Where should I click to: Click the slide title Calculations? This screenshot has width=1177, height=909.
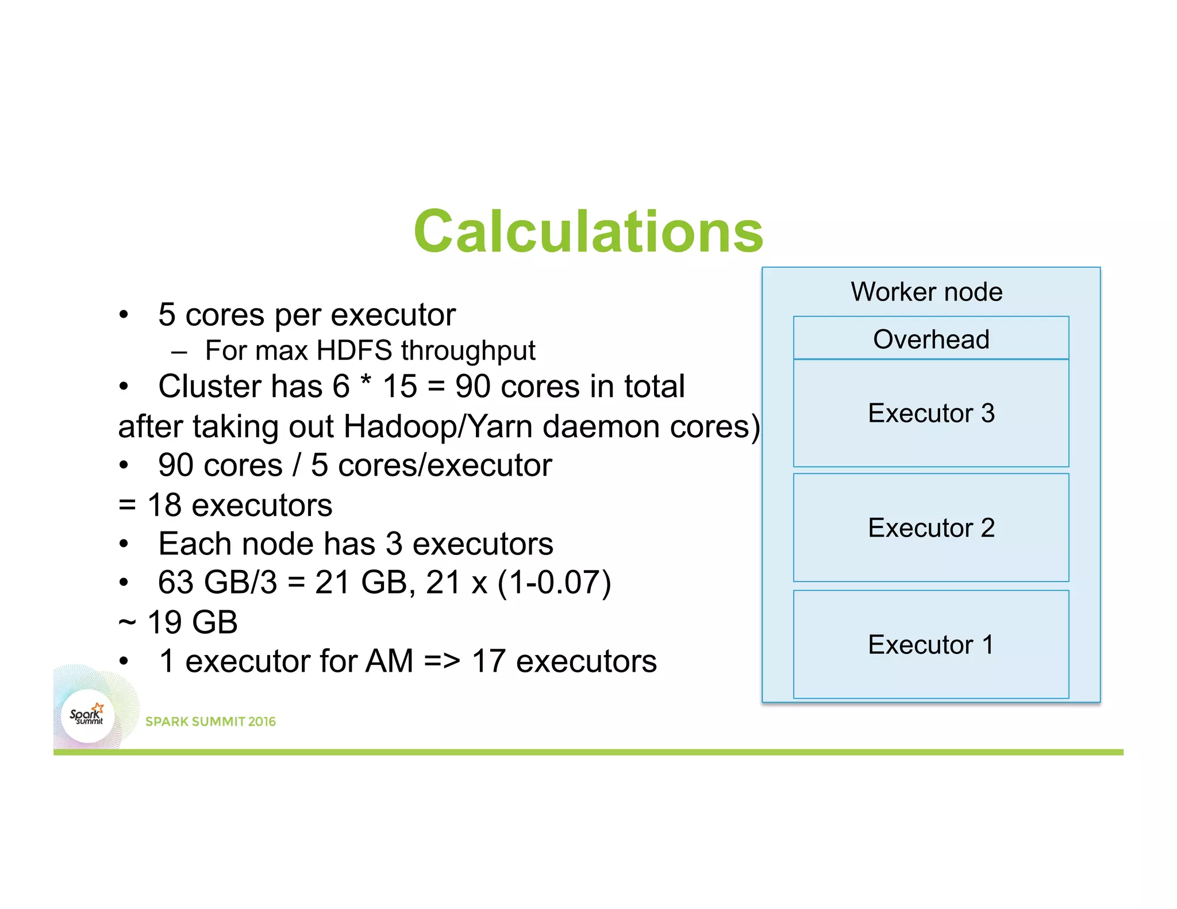588,231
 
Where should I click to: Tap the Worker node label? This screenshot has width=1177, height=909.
926,292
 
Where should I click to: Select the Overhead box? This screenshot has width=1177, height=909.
930,338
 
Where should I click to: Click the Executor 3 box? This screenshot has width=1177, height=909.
930,413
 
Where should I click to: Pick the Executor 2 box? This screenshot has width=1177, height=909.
930,527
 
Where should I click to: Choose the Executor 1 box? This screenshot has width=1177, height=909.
930,644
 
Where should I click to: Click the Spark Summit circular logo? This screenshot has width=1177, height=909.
87,716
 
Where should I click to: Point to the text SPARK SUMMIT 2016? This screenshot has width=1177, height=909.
210,722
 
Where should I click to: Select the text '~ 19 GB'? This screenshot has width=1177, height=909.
178,622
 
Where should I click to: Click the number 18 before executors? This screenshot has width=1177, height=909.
164,506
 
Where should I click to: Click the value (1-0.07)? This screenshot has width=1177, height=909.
554,583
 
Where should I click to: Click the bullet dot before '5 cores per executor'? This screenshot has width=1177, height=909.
124,315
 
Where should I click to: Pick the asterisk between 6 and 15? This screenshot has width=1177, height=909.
366,381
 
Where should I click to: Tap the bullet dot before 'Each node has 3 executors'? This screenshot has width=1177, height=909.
124,544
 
